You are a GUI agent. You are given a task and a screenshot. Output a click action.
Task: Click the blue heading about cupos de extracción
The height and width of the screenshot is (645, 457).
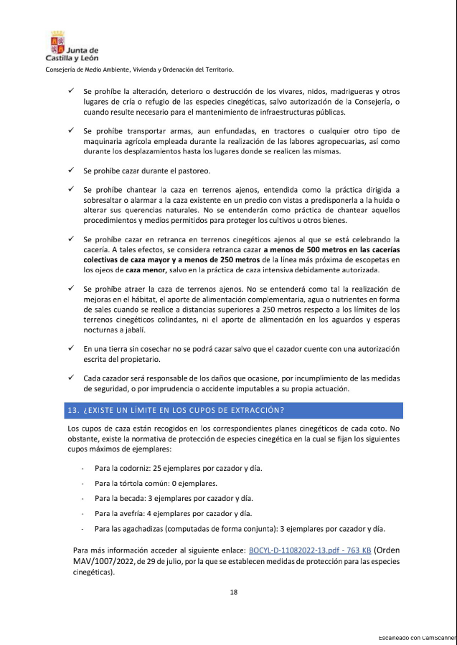coord(176,411)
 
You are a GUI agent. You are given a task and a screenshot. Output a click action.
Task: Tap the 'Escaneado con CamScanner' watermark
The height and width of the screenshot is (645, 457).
coord(417,637)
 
